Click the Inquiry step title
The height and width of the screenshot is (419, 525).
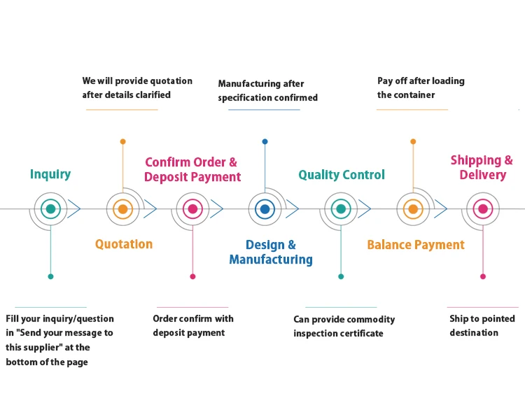click(x=50, y=174)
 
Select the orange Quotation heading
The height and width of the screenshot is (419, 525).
click(x=124, y=244)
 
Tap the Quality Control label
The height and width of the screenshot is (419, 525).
click(x=342, y=175)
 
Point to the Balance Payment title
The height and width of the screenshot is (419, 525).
click(x=416, y=245)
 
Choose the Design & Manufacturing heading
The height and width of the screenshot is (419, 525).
click(x=271, y=253)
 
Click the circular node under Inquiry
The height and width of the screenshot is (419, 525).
click(x=50, y=208)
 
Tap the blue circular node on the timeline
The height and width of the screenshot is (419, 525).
click(x=265, y=208)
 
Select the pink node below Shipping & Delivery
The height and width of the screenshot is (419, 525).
click(x=482, y=208)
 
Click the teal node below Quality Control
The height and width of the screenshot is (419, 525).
click(x=341, y=208)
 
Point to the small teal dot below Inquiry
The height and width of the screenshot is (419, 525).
click(x=50, y=276)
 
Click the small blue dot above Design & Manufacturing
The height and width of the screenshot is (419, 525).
click(x=265, y=141)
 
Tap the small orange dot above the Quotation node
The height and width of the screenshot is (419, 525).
click(x=122, y=141)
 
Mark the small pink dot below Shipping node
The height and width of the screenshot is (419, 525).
click(x=482, y=276)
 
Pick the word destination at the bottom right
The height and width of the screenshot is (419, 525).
click(x=474, y=333)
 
